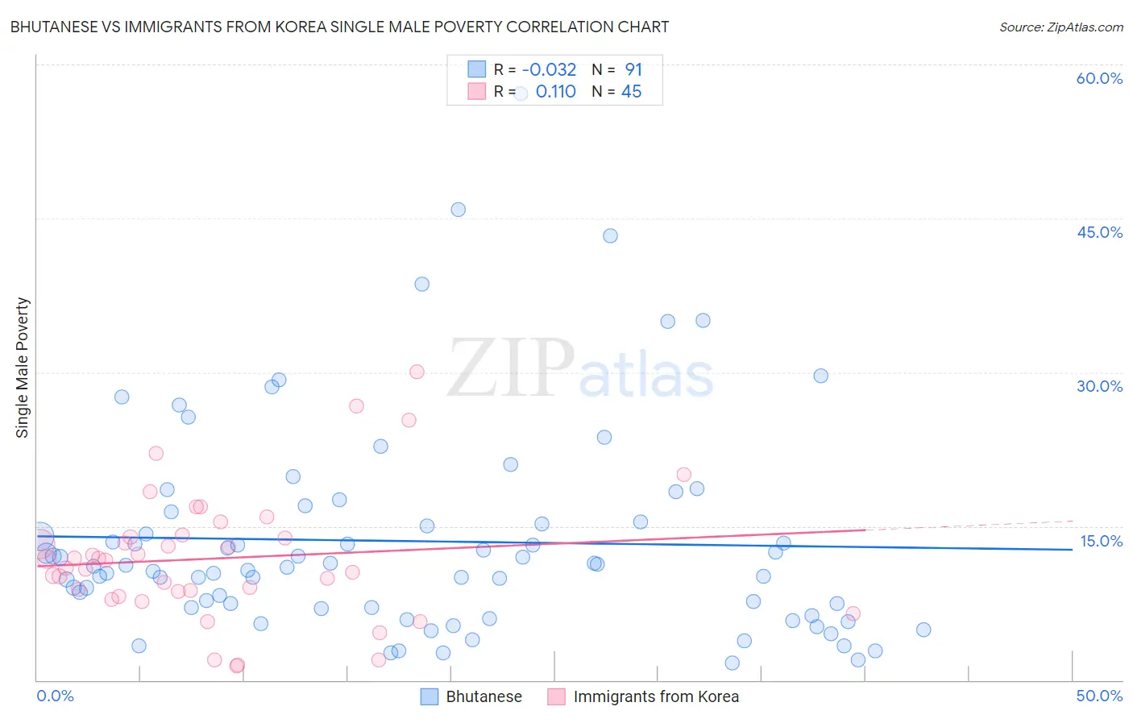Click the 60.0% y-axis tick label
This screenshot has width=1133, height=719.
point(1099,78)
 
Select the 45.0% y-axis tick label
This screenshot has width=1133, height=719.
point(1099,232)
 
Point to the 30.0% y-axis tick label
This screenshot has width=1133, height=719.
point(1099,386)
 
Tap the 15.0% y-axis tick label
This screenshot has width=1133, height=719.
point(1101,541)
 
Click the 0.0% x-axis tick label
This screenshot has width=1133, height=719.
point(55,696)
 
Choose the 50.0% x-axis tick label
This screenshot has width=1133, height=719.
point(1099,696)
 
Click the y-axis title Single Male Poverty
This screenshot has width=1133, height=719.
point(23,368)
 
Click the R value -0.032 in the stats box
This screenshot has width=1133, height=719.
point(549,69)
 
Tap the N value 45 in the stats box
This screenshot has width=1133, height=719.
point(631,92)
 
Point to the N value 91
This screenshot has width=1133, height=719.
point(633,69)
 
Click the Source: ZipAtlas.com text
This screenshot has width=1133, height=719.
point(1060,27)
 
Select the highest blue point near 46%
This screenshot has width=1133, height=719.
point(458,210)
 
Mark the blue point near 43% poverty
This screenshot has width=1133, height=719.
point(610,235)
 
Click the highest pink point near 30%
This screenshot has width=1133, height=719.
point(417,372)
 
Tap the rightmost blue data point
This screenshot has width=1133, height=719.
point(923,630)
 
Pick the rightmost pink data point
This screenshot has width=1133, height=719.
point(853,613)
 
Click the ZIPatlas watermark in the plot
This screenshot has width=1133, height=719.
point(580,370)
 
